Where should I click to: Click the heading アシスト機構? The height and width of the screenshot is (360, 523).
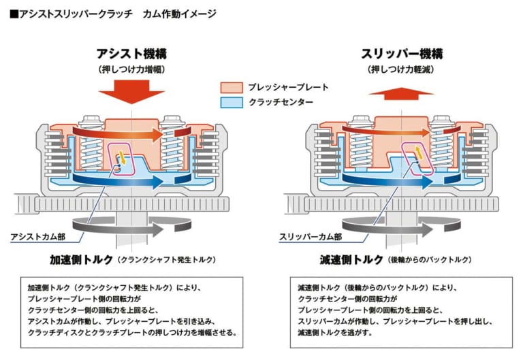[x=131, y=54]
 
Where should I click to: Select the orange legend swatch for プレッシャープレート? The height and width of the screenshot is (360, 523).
[x=232, y=87]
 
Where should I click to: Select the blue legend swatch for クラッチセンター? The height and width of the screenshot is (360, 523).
[x=232, y=103]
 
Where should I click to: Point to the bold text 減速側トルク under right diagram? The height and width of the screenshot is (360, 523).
[x=350, y=259]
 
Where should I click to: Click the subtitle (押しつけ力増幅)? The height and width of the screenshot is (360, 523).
[x=131, y=69]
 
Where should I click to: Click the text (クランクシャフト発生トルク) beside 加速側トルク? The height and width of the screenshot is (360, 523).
[x=165, y=260]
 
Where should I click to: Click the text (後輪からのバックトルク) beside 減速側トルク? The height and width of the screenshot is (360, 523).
[x=430, y=260]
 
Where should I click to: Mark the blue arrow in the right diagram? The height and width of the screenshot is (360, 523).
[x=381, y=178]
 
